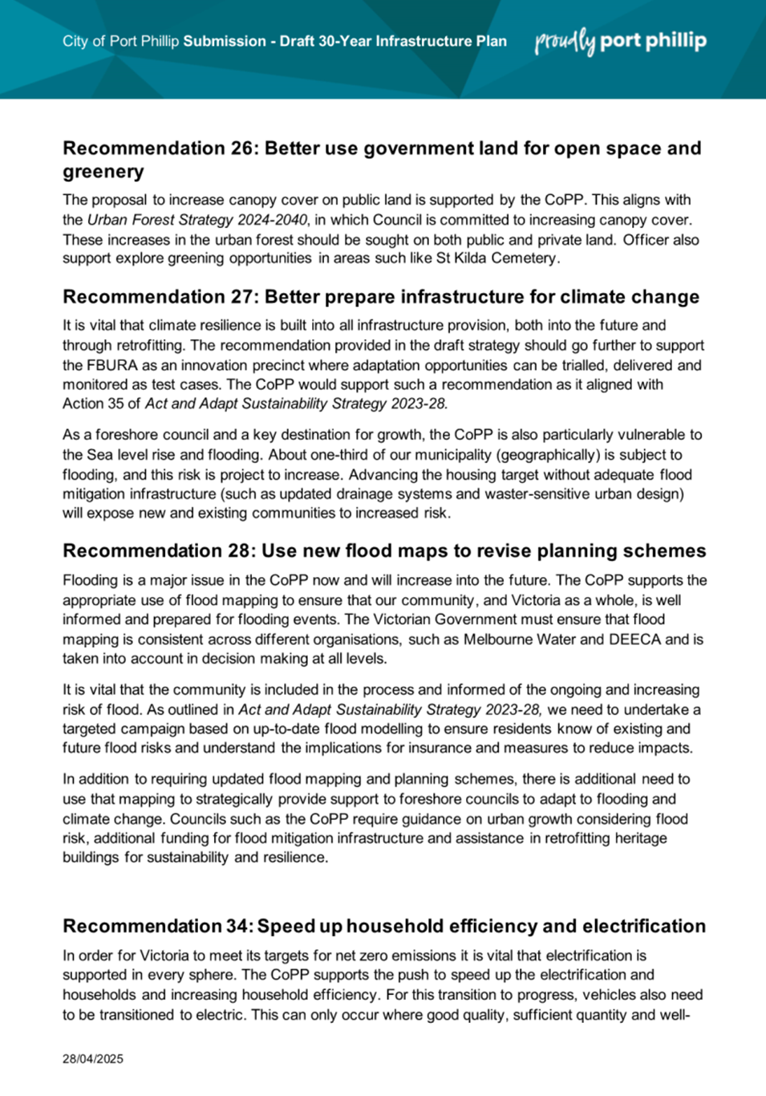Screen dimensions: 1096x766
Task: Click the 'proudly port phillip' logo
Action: (620, 41)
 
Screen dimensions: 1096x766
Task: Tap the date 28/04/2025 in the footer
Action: (93, 1058)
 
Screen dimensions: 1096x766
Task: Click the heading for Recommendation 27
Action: (381, 297)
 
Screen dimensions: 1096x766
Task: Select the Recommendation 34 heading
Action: (384, 926)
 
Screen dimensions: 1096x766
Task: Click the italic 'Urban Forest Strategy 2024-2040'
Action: (197, 220)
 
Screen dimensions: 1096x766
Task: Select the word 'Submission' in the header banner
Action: (224, 41)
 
